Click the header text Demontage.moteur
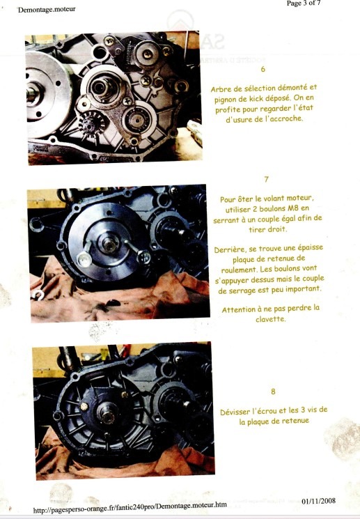coord(47,9)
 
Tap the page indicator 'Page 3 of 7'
coord(304,3)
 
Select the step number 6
coord(263,69)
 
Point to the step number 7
coord(267,179)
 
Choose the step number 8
coord(273,392)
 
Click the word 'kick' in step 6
coord(256,98)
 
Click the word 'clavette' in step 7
coord(270,319)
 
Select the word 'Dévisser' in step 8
coord(235,412)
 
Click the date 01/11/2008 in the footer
coord(318,501)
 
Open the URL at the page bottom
coord(130,507)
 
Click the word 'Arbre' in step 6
coord(220,89)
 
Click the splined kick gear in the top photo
coord(88,123)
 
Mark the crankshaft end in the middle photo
coord(109,245)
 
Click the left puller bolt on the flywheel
coord(84,259)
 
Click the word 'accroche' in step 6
coord(287,118)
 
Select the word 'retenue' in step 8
coord(295,421)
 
